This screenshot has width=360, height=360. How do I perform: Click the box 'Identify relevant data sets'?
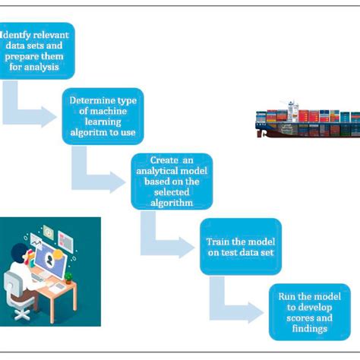(x=38, y=50)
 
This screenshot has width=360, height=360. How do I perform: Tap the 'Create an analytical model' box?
(x=171, y=181)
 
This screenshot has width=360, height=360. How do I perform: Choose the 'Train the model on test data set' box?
(x=240, y=246)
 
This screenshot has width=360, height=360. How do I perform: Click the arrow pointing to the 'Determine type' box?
(x=34, y=115)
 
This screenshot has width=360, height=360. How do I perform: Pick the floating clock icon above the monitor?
(x=47, y=229)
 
